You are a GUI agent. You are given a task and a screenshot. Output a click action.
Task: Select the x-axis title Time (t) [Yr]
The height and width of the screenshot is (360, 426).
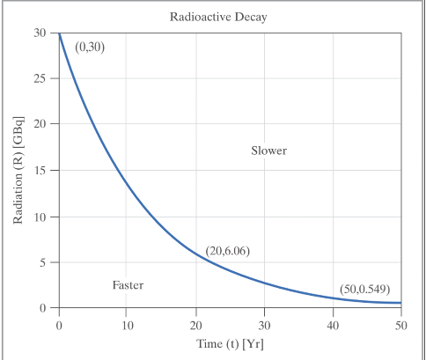pos(230,342)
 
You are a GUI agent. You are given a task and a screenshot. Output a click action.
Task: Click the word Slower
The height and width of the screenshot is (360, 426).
pos(268,151)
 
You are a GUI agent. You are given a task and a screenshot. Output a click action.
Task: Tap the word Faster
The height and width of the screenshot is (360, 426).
pos(128,285)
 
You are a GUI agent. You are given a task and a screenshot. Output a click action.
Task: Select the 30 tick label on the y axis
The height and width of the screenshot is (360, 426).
pos(40,33)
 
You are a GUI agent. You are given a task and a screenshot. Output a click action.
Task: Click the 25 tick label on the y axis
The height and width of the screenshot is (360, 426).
pos(40,78)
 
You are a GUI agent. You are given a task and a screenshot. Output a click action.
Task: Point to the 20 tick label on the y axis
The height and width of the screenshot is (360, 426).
pos(40,124)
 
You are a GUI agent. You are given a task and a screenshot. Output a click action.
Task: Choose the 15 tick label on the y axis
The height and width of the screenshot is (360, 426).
pos(40,170)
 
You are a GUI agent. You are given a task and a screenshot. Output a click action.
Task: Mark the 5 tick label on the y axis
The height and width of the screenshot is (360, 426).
pos(43,261)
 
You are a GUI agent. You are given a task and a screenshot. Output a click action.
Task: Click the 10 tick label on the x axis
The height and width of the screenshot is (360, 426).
pos(127,325)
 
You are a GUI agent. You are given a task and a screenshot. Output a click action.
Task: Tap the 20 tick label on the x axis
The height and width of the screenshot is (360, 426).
pos(195,325)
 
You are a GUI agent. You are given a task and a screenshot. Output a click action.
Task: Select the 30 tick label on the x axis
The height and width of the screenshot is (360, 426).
pos(264,325)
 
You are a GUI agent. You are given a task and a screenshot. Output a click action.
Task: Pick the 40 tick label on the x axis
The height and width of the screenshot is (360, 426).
pos(333,325)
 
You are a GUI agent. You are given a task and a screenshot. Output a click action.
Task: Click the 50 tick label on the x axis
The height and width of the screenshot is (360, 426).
pos(400,325)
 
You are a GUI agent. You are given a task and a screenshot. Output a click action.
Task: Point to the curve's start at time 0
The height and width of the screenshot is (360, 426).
pos(59,33)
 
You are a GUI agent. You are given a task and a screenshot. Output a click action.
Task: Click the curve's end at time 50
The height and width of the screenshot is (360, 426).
pos(400,303)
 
